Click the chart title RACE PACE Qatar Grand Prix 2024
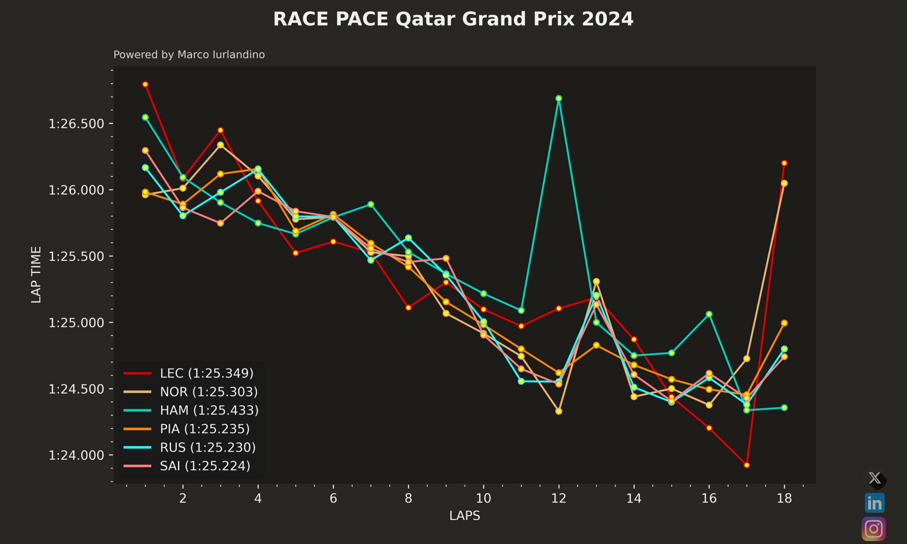[453, 19]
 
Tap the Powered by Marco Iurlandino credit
[189, 55]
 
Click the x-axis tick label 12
[558, 499]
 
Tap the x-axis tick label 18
[784, 499]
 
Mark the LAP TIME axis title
[36, 274]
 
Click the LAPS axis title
[464, 516]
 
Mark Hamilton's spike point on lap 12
[559, 98]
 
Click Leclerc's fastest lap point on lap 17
[747, 465]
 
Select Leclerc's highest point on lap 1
[145, 84]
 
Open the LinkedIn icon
[874, 503]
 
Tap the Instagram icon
[874, 529]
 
